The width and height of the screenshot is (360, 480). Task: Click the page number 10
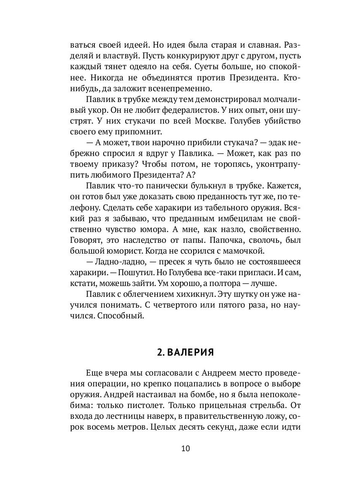pos(185,448)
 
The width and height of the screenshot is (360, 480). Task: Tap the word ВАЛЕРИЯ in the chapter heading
pos(190,352)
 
